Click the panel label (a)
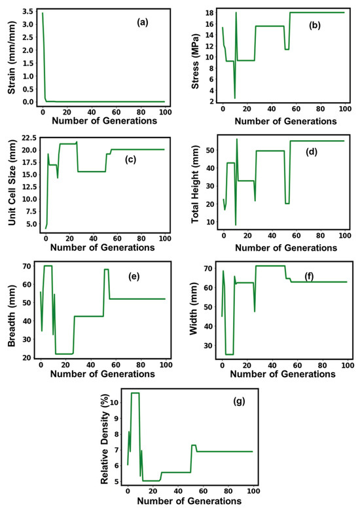pyautogui.click(x=142, y=22)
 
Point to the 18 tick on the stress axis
pyautogui.click(x=211, y=12)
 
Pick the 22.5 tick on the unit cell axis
pyautogui.click(x=27, y=138)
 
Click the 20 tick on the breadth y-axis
pyautogui.click(x=29, y=357)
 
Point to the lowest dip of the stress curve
pyautogui.click(x=234, y=98)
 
